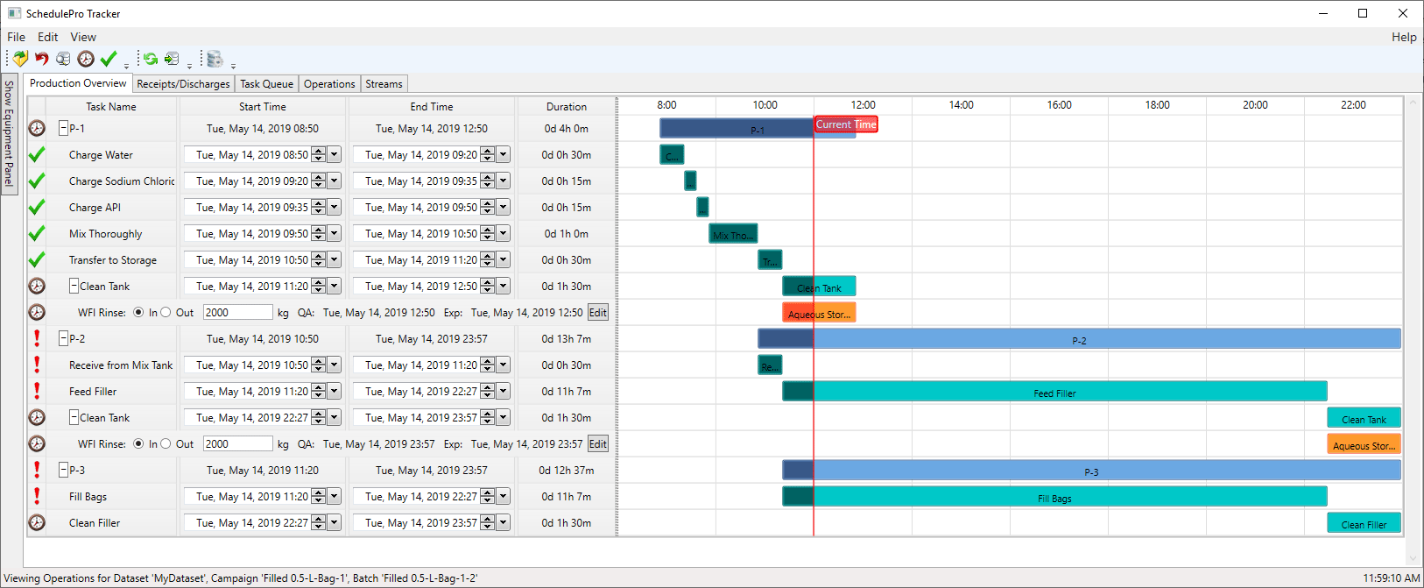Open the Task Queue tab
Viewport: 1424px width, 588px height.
266,84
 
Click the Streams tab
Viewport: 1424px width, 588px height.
384,84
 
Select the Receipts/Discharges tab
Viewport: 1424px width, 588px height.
183,84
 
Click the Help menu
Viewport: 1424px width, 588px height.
1403,37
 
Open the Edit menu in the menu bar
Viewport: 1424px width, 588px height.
47,37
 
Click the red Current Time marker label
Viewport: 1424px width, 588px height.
845,124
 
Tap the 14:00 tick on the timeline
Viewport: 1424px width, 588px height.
961,105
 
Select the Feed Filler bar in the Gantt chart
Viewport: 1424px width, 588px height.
1054,393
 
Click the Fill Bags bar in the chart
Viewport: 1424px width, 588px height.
1054,498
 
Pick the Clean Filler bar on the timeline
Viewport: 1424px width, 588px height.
1364,524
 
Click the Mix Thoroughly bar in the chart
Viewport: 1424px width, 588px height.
733,234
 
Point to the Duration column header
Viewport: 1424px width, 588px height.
567,107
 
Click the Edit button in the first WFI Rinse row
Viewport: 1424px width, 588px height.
597,313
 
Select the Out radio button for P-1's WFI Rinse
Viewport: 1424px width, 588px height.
166,313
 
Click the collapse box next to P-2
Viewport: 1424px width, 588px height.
64,339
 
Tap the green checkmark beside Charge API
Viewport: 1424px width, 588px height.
37,208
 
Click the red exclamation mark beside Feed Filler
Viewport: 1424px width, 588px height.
37,391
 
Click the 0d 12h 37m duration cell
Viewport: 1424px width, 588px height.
567,471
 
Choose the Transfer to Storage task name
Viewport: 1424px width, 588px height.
113,260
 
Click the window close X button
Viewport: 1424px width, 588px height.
1403,13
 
